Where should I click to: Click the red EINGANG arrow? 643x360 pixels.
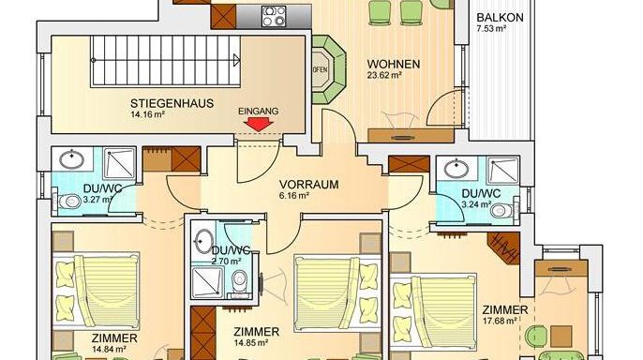259,125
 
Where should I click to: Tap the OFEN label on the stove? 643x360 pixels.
321,69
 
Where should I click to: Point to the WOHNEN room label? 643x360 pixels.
394,65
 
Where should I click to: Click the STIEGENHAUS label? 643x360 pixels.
172,103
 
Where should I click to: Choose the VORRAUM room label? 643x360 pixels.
308,185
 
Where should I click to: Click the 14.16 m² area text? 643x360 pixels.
148,114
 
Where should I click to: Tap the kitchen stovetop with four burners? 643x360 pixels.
274,16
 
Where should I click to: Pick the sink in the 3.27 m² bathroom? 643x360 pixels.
72,160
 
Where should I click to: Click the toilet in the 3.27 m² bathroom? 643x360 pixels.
69,202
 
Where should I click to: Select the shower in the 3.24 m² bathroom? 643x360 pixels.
502,171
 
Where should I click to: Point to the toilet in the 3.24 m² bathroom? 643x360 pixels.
502,211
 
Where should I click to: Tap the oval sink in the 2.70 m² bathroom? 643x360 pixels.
203,241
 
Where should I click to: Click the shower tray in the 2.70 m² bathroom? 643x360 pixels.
208,281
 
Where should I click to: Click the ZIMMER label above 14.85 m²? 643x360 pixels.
256,332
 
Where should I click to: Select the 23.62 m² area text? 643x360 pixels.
384,75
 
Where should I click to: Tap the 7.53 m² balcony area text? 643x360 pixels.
491,29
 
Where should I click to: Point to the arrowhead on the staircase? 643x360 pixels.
236,61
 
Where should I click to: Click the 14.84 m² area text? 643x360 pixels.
109,350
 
